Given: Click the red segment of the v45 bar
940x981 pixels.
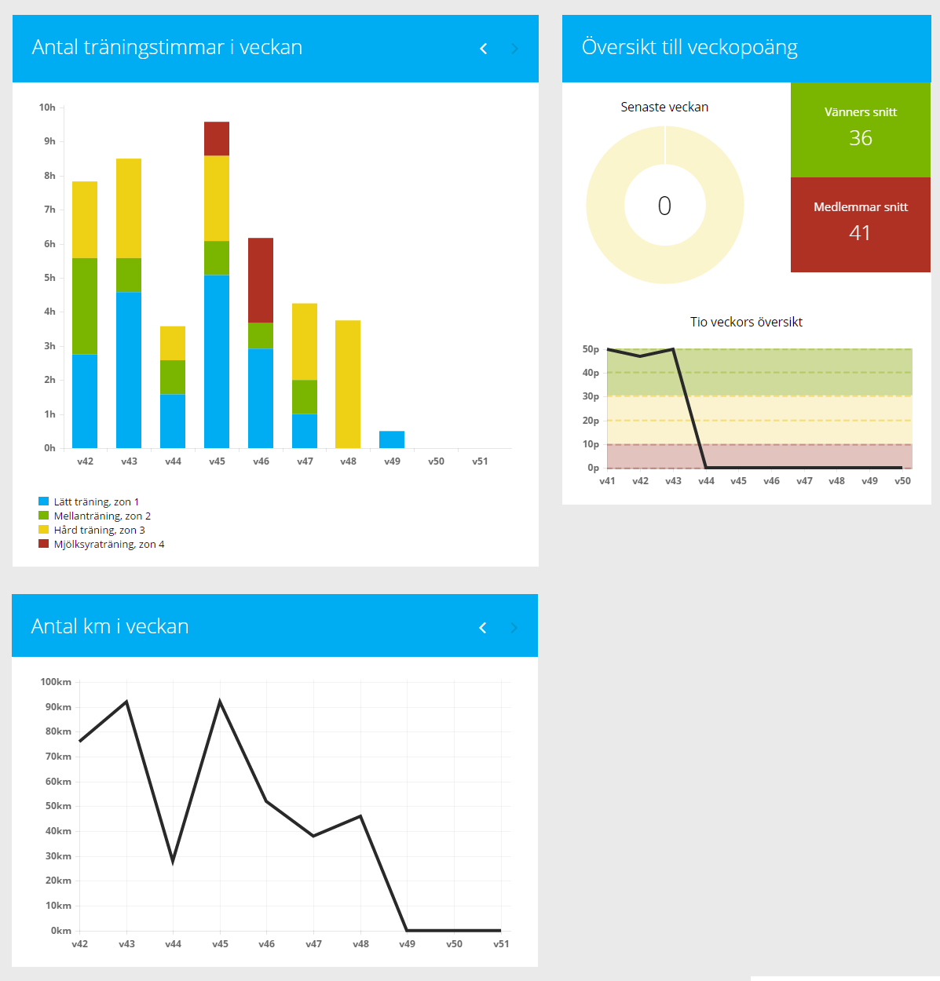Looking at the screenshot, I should coord(217,139).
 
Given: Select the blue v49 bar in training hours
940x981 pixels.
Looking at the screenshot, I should coord(392,439).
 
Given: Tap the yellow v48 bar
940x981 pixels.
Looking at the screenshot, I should coord(348,385).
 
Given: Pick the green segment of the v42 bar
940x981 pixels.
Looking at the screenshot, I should coord(85,306).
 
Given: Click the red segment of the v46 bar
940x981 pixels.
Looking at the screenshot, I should coord(261,280).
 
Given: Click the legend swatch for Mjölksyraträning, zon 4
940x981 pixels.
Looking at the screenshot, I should coord(44,544).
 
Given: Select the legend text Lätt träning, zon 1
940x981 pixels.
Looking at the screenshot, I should coord(96,501).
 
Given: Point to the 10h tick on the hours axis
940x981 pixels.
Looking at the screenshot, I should coord(47,108).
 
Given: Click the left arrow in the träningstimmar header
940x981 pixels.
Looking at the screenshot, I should coord(484,49).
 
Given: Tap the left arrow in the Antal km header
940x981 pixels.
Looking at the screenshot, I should coord(483,628).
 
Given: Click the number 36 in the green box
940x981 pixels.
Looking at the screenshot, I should coord(861,138).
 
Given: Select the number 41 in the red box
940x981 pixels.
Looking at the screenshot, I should coord(860,233).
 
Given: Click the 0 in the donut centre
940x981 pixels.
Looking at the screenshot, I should coord(664,206).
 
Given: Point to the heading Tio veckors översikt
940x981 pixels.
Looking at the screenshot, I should coord(746,322).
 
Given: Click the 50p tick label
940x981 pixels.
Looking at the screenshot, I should coord(591,349).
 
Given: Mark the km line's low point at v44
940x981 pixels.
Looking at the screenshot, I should coord(173,861).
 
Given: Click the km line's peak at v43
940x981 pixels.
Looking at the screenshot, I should coord(126,702).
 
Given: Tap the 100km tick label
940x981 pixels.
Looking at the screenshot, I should coord(56,682).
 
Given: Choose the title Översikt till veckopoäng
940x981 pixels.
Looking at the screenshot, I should coord(689,47).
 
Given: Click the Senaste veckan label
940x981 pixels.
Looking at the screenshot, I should coord(664,107).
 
